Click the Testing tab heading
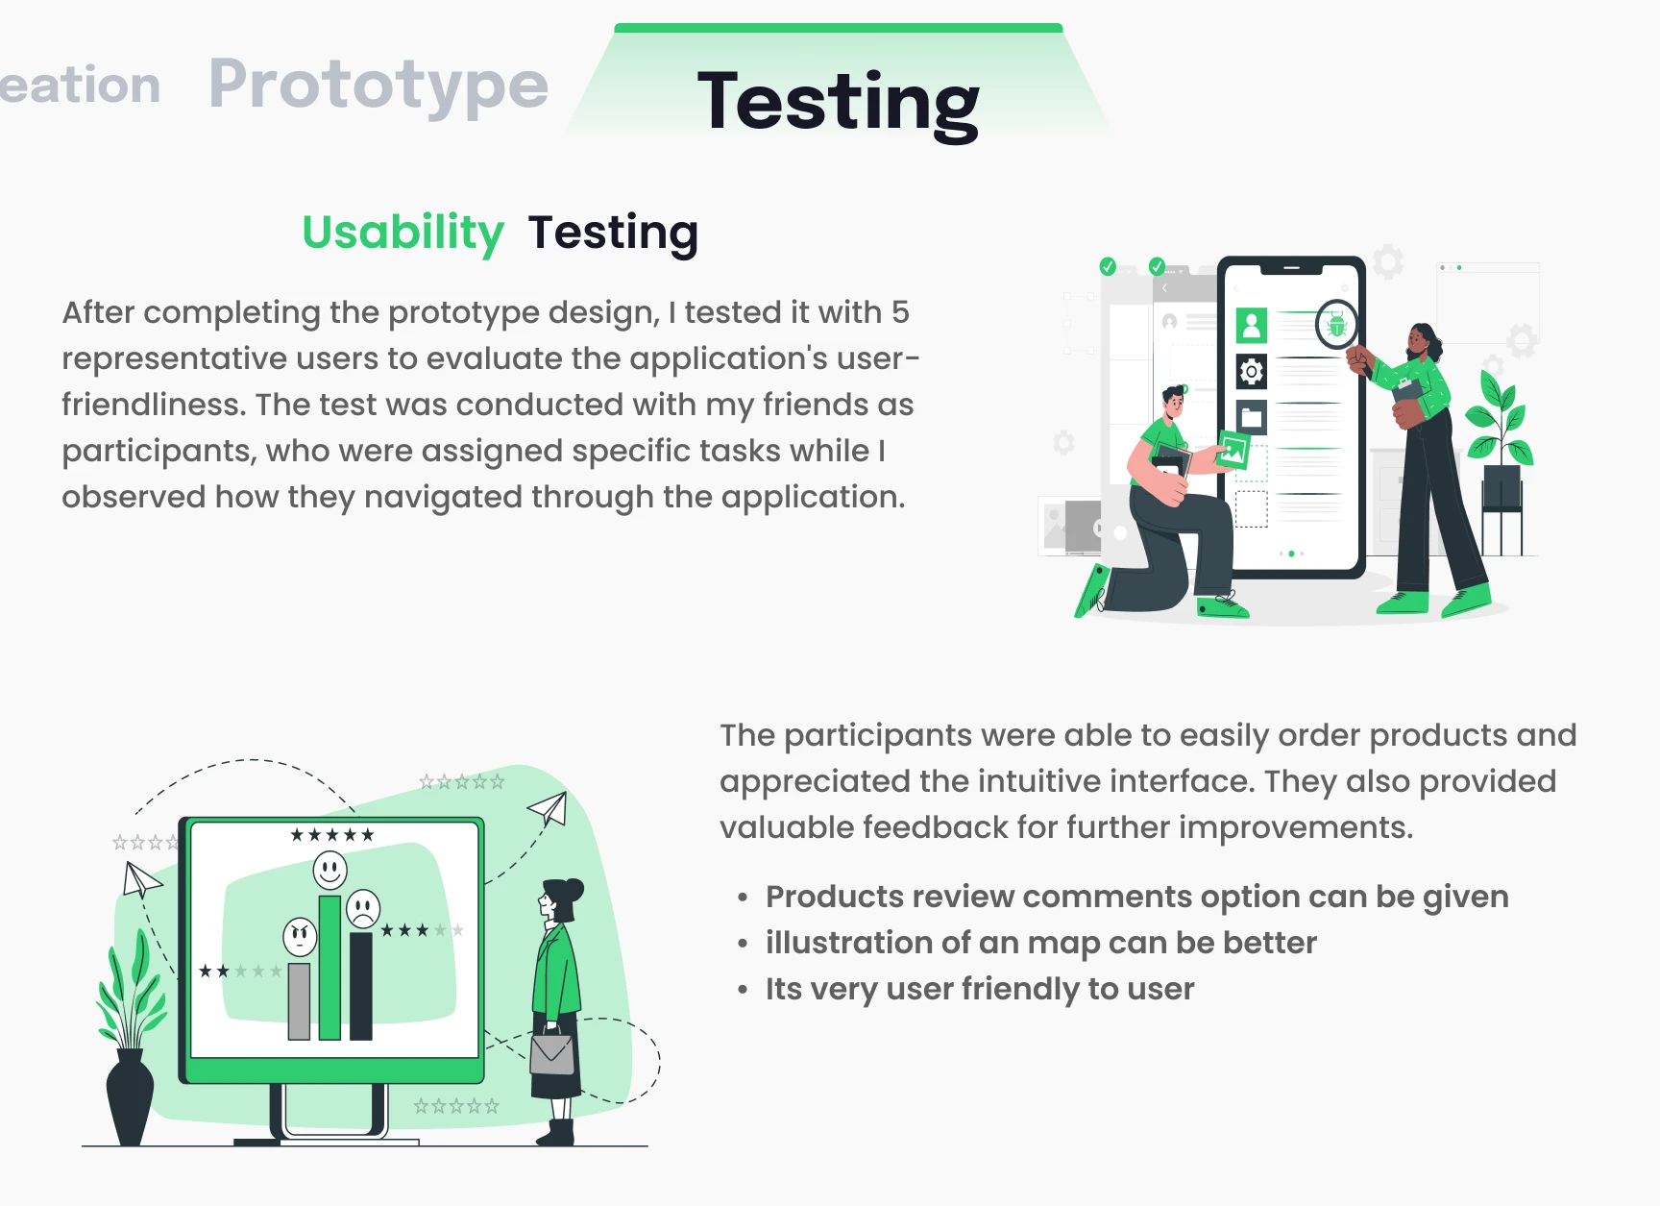pyautogui.click(x=838, y=102)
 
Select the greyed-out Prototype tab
pyautogui.click(x=378, y=85)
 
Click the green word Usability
pyautogui.click(x=403, y=233)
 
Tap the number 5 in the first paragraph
pyautogui.click(x=899, y=312)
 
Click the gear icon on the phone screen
pyautogui.click(x=1251, y=371)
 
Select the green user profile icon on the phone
pyautogui.click(x=1251, y=326)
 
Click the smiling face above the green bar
pyautogui.click(x=330, y=871)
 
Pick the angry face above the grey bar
pyautogui.click(x=300, y=937)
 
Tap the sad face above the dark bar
pyautogui.click(x=363, y=909)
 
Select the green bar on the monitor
pyautogui.click(x=330, y=967)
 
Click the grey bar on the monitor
pyautogui.click(x=299, y=1000)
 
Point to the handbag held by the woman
pyautogui.click(x=552, y=1051)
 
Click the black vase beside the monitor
pyautogui.click(x=130, y=1096)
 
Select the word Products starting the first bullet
pyautogui.click(x=835, y=897)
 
